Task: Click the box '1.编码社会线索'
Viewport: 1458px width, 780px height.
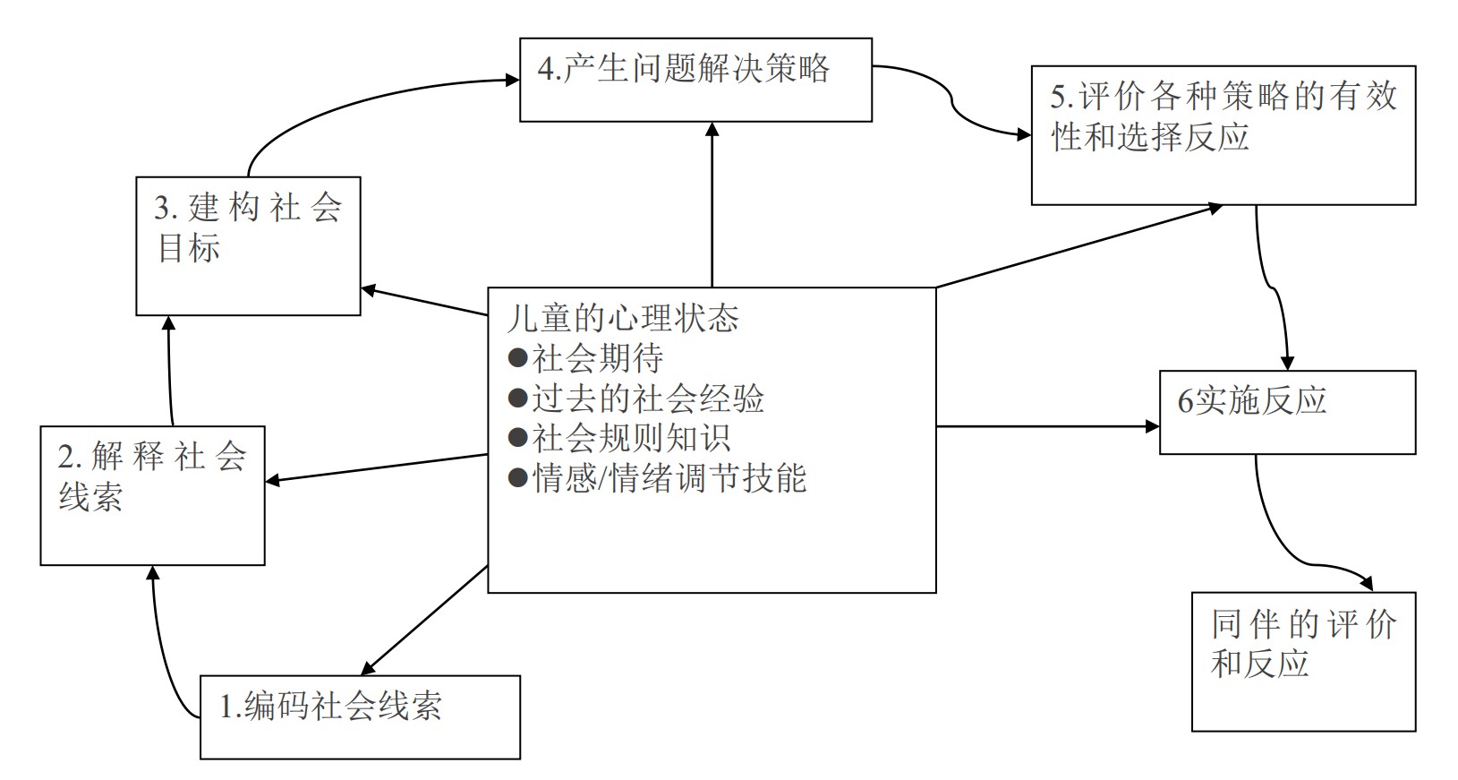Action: click(360, 716)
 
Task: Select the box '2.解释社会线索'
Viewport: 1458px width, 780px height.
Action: click(152, 495)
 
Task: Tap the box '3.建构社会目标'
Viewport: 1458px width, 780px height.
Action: click(248, 245)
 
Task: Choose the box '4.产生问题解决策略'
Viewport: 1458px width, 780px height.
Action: click(695, 79)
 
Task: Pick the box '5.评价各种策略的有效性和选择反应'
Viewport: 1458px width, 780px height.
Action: click(1223, 134)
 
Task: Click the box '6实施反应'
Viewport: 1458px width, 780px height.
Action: click(1287, 412)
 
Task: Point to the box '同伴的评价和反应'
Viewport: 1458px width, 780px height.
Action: click(1303, 661)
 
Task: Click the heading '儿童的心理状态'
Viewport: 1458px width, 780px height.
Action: click(623, 318)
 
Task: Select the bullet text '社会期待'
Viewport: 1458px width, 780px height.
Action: click(597, 358)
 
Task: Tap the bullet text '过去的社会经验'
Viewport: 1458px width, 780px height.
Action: click(647, 399)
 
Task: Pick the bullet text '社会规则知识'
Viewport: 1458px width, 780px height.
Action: click(631, 438)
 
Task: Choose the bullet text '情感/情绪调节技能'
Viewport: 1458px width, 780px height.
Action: click(669, 478)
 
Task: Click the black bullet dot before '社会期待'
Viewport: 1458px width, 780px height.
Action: click(517, 358)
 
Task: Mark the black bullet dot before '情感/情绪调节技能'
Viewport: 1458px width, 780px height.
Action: click(517, 478)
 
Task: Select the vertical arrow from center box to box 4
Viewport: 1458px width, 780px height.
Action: click(712, 206)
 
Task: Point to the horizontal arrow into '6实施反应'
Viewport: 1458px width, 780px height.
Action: click(1047, 426)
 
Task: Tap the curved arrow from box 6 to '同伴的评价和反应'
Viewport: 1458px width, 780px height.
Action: click(1289, 546)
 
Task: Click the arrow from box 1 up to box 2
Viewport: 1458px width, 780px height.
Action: click(161, 645)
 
